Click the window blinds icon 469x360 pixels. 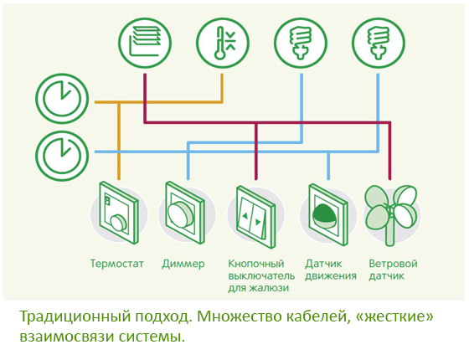(x=145, y=43)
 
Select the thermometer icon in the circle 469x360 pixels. (x=223, y=43)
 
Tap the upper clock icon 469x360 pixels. (x=62, y=99)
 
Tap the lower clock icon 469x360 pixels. (x=62, y=156)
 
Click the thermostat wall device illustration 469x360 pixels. (x=119, y=213)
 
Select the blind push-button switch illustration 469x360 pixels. (x=255, y=217)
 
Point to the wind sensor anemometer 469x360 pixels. (x=390, y=214)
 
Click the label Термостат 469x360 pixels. (x=117, y=264)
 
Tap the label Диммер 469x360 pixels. (x=183, y=264)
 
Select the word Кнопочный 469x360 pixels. (x=256, y=264)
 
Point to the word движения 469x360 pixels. (x=331, y=276)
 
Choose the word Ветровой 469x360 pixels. (x=393, y=264)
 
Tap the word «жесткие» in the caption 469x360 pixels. (x=394, y=316)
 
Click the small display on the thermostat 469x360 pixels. (x=107, y=200)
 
